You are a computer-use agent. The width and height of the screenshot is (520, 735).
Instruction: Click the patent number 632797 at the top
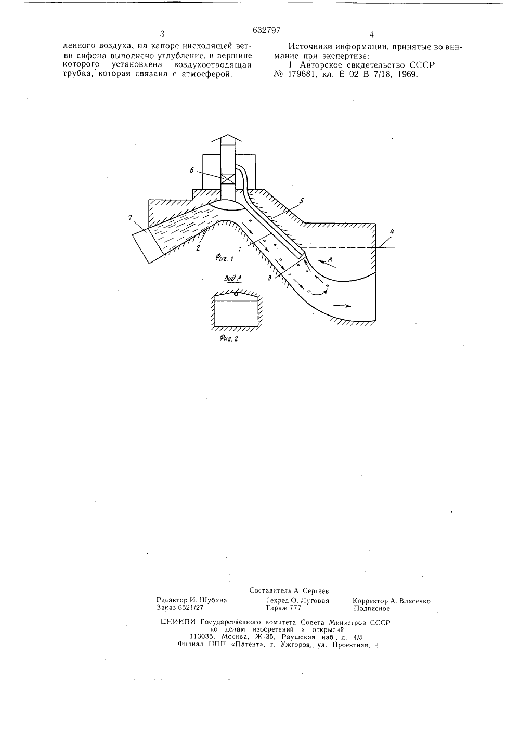(x=266, y=30)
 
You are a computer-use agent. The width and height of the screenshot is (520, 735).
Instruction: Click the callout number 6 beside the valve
(x=191, y=170)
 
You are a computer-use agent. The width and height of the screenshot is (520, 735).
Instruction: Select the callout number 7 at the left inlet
(x=131, y=217)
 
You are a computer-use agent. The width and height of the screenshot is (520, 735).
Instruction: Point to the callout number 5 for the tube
(x=302, y=200)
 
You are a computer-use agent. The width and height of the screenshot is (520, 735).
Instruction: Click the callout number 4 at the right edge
(x=392, y=231)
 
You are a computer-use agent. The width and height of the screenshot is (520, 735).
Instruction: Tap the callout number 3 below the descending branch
(x=269, y=278)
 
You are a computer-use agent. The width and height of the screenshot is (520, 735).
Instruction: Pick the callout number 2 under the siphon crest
(x=198, y=248)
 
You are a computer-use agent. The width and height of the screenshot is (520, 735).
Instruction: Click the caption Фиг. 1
(x=224, y=259)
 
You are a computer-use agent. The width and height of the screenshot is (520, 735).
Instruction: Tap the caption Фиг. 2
(x=228, y=338)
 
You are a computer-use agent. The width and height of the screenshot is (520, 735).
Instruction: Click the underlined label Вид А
(x=232, y=279)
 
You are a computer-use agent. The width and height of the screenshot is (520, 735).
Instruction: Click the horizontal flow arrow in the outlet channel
(x=342, y=306)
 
